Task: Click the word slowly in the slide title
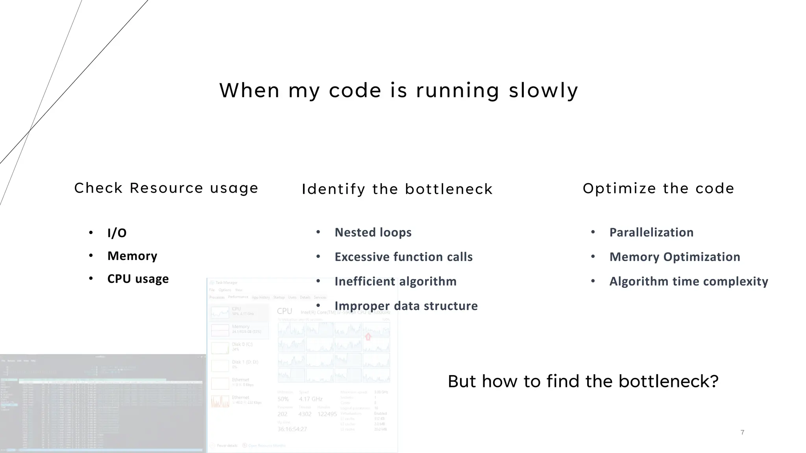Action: pyautogui.click(x=543, y=90)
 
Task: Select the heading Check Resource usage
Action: pyautogui.click(x=166, y=188)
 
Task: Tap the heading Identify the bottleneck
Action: pyautogui.click(x=397, y=189)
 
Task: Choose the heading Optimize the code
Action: pyautogui.click(x=658, y=188)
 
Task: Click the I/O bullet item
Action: pyautogui.click(x=117, y=233)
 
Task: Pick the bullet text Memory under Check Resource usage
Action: pyautogui.click(x=132, y=256)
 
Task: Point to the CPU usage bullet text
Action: pyautogui.click(x=138, y=279)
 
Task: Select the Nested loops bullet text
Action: pyautogui.click(x=373, y=232)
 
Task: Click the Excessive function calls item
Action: pyautogui.click(x=403, y=257)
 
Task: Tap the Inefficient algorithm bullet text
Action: pyautogui.click(x=395, y=281)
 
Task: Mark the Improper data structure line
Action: pyautogui.click(x=406, y=306)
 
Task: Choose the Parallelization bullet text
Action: pyautogui.click(x=651, y=232)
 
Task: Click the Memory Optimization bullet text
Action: pyautogui.click(x=675, y=257)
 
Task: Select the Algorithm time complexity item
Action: pyautogui.click(x=689, y=281)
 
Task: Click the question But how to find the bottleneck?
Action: pyautogui.click(x=583, y=381)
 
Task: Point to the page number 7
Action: pyautogui.click(x=742, y=433)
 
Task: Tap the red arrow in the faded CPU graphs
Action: pyautogui.click(x=368, y=337)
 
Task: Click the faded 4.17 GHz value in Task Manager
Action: pyautogui.click(x=311, y=399)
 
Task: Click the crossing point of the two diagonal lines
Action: pyautogui.click(x=30, y=130)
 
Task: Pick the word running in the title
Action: pyautogui.click(x=458, y=90)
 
